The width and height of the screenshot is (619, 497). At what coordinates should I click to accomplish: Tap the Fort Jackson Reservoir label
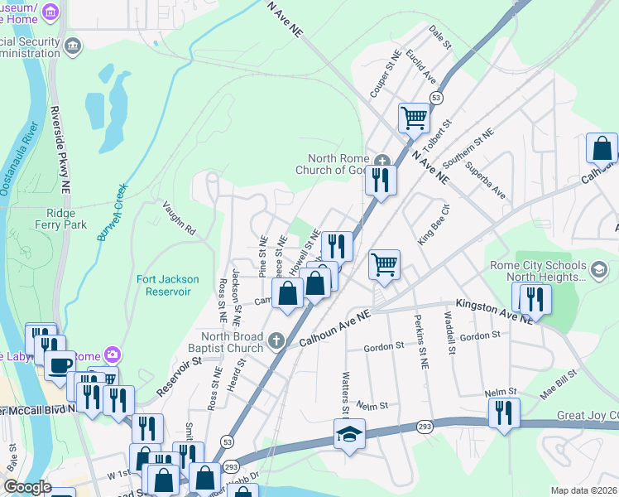click(x=164, y=286)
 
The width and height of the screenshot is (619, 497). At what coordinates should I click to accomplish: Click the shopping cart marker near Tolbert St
click(x=414, y=117)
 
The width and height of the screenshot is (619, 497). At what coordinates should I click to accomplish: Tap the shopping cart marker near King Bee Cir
click(x=384, y=265)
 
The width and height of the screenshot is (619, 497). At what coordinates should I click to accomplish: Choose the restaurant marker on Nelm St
click(x=503, y=412)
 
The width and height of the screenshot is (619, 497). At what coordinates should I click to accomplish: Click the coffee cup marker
click(x=60, y=364)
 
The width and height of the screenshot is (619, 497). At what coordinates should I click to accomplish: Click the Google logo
click(x=27, y=488)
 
